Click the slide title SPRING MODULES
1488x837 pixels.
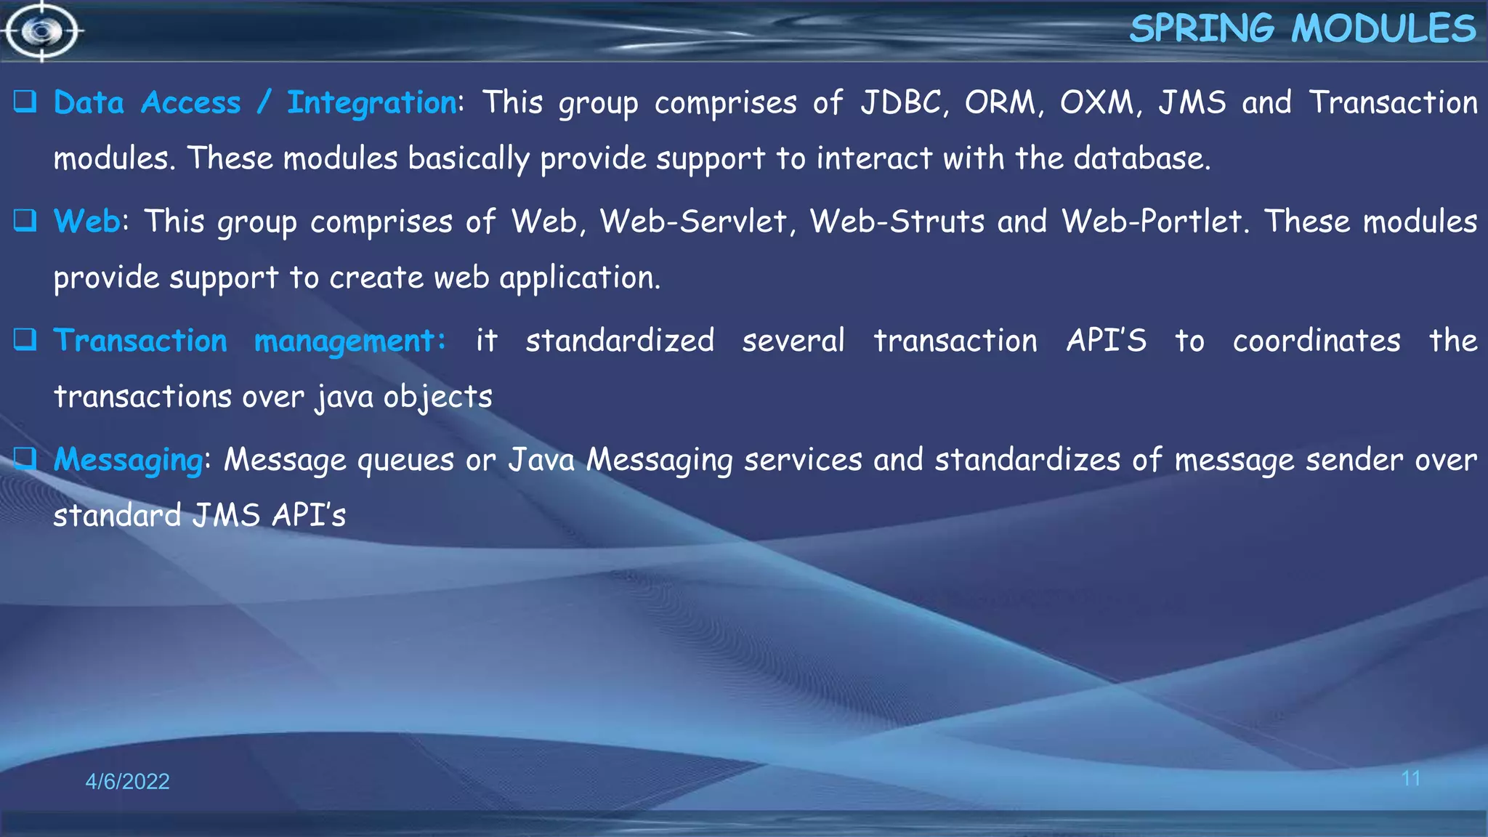tap(1302, 29)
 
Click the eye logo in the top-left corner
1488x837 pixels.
tap(42, 31)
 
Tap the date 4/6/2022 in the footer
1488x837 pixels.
tap(127, 781)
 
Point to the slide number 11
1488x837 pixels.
tap(1410, 779)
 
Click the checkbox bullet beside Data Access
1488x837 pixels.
tap(25, 102)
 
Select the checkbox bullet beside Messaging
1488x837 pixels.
tap(25, 458)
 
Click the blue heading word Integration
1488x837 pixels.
tap(372, 103)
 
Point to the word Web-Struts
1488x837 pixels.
tap(897, 221)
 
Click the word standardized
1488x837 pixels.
tap(620, 340)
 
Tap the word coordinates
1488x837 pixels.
tap(1317, 340)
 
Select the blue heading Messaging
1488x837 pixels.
tap(129, 460)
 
